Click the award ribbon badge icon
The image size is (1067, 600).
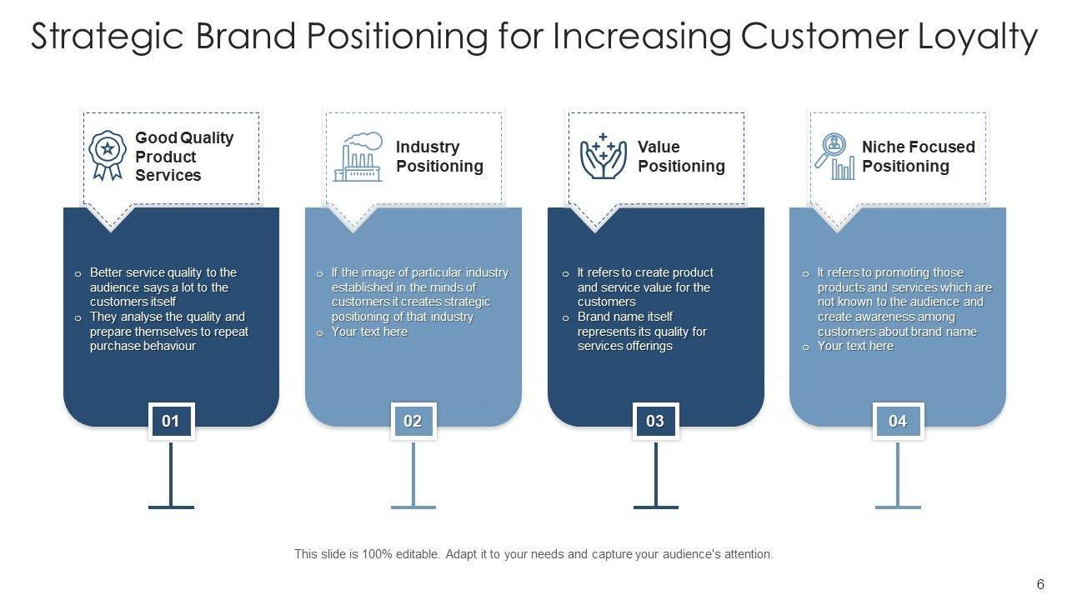[x=108, y=156]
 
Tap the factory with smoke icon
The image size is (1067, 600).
[x=358, y=157]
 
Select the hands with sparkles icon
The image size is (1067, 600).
[x=603, y=156]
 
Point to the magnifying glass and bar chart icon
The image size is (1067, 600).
[x=834, y=156]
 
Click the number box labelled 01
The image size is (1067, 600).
[x=171, y=421]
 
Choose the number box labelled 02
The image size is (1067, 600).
[x=413, y=421]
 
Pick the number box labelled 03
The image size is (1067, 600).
[x=655, y=421]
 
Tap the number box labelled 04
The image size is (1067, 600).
[x=898, y=421]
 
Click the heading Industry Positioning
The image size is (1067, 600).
[x=439, y=156]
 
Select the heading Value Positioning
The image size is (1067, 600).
[x=681, y=156]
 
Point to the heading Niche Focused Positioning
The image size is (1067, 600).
[x=919, y=156]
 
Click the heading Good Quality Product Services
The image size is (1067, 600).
[x=184, y=156]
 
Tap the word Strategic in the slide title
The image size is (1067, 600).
[x=108, y=37]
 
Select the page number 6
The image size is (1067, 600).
[x=1040, y=584]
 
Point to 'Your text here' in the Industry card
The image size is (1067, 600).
[x=369, y=332]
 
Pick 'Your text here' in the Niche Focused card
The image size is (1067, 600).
[x=855, y=346]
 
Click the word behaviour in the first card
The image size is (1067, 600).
[x=169, y=346]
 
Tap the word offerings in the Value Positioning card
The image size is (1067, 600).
[x=650, y=346]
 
